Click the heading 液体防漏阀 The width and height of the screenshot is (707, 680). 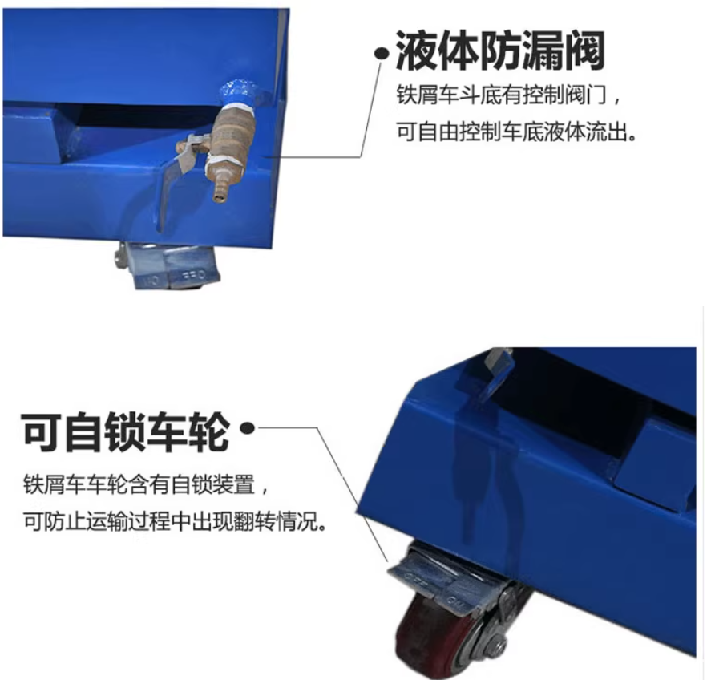(500, 51)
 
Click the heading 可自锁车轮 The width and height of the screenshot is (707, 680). (125, 431)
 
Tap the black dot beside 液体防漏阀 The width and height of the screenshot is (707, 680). (382, 54)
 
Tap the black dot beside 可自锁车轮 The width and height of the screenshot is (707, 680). (248, 428)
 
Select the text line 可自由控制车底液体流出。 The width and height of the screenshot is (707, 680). (517, 132)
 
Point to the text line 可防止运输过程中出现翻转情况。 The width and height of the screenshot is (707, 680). (175, 522)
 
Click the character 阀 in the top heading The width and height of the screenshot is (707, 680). (584, 51)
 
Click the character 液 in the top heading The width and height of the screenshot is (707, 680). (416, 51)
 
